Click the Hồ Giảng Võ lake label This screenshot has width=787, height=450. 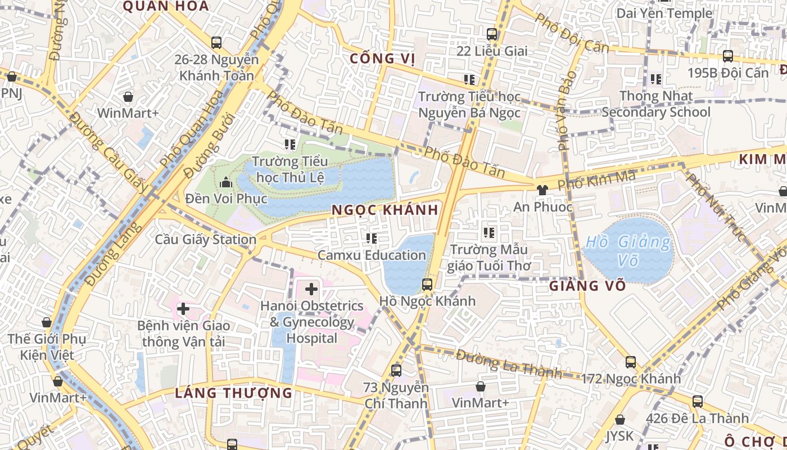[628, 251]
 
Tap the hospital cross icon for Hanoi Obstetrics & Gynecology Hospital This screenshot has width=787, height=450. [311, 289]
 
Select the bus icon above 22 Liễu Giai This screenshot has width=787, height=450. [492, 34]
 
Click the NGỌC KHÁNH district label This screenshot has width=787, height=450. [385, 210]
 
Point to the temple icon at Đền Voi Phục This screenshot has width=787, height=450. [226, 182]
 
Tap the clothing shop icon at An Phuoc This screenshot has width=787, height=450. [542, 190]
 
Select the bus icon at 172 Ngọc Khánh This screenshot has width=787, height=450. [631, 362]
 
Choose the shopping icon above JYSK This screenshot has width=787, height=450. [620, 420]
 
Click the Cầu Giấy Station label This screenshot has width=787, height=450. [206, 240]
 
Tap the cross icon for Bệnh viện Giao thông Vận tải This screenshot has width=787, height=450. [183, 308]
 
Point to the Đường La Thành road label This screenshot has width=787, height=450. [508, 363]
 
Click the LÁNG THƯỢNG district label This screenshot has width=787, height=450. [233, 393]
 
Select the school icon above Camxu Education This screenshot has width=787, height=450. [371, 238]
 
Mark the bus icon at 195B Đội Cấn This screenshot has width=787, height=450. [728, 56]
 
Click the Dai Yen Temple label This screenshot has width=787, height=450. [664, 13]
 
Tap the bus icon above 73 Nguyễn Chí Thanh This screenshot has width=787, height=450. [396, 370]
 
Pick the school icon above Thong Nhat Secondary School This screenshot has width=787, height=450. [655, 79]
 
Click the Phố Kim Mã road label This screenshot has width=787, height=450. [596, 181]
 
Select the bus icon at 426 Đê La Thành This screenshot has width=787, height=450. [698, 401]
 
